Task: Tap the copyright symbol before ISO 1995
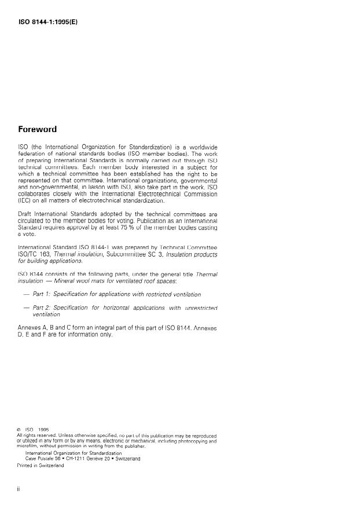point(20,429)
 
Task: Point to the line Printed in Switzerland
point(40,465)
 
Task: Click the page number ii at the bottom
point(19,490)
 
